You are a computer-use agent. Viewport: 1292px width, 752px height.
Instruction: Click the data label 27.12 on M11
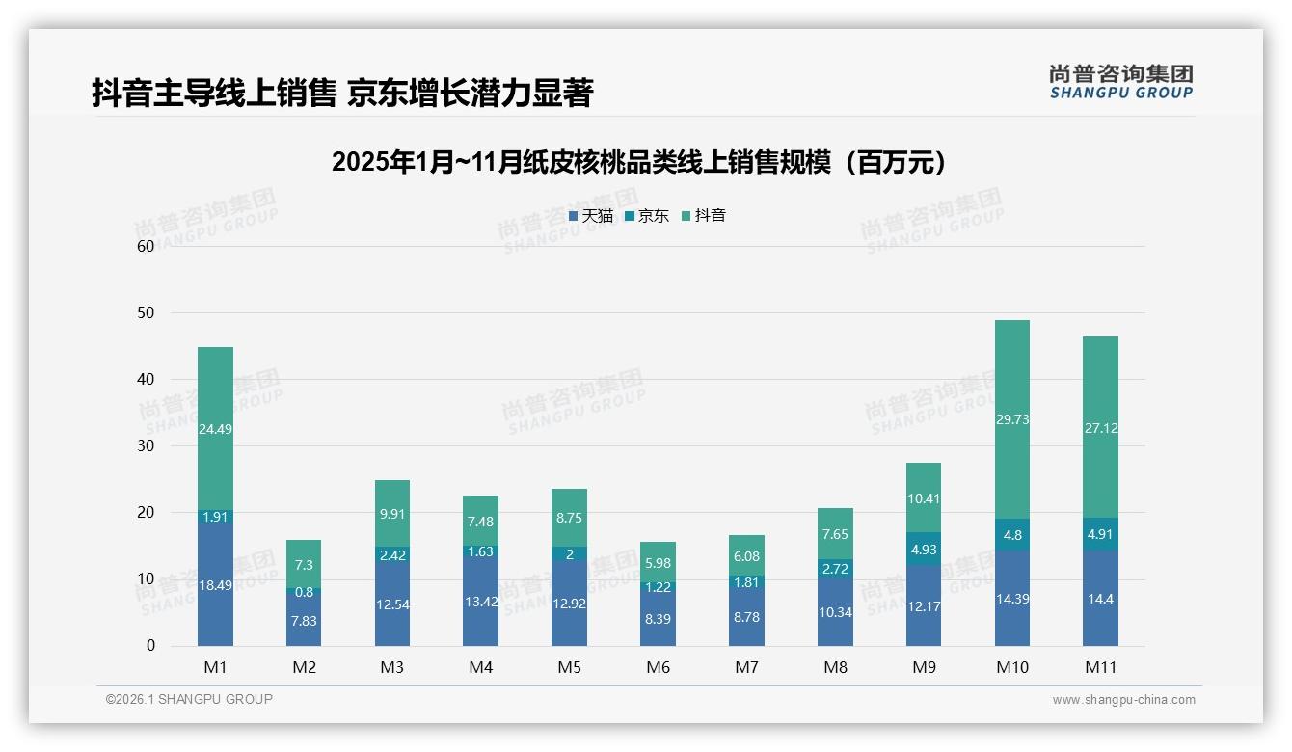point(1100,428)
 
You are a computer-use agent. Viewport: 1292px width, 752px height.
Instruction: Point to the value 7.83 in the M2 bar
point(304,621)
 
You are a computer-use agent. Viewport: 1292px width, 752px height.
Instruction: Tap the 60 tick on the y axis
point(146,246)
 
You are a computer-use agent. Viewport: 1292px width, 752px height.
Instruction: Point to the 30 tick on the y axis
point(146,446)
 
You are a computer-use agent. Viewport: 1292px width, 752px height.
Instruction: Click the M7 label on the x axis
point(746,667)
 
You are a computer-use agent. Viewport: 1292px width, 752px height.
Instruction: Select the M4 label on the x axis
point(480,667)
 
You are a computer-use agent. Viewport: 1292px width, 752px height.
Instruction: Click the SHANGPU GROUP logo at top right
point(1120,82)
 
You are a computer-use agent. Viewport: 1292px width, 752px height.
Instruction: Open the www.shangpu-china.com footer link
point(1123,700)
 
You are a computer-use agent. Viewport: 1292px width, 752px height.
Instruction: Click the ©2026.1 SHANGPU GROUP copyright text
point(189,699)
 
